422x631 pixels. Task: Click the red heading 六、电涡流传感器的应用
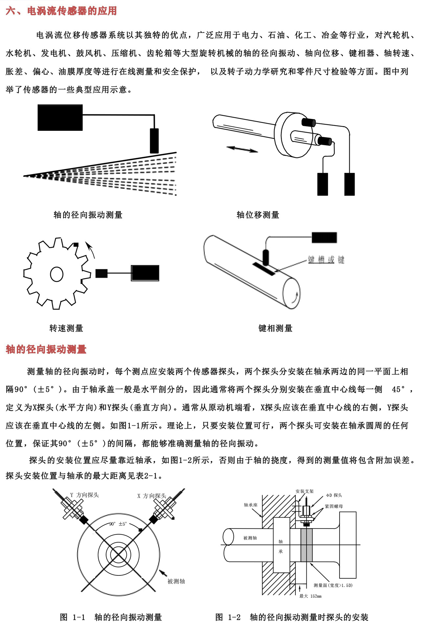coord(61,11)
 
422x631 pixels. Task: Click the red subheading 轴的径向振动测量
coord(46,349)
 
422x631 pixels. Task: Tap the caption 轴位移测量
coord(258,215)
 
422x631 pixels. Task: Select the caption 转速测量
coord(66,328)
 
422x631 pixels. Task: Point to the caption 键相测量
coord(275,328)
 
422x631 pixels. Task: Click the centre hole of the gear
coord(57,274)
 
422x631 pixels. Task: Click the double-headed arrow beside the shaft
coord(243,149)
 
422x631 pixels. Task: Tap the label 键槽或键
coord(326,260)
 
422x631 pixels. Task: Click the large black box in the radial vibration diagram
coord(60,118)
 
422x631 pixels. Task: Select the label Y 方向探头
coord(84,495)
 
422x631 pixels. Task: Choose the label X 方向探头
coord(152,496)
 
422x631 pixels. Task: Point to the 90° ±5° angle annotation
coord(118,524)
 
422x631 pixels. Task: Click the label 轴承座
coord(250,505)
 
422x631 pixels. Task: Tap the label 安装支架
coord(304,491)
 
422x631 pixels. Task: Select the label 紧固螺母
coord(334,506)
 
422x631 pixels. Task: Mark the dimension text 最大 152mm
coord(310,596)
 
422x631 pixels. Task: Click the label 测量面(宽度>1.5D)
coord(333,585)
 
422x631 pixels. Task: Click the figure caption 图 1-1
coord(73,617)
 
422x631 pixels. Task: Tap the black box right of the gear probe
coord(145,273)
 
